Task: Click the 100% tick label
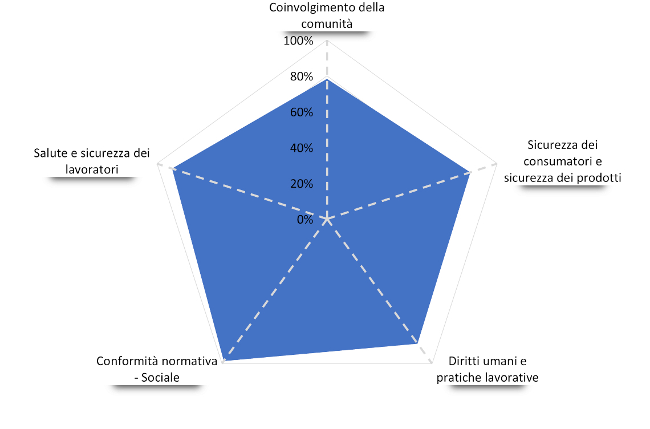(298, 41)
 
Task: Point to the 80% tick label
(302, 76)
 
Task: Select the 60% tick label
(302, 112)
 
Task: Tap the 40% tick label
(302, 148)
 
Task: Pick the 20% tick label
(302, 183)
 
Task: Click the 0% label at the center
(304, 220)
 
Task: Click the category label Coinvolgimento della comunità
(327, 15)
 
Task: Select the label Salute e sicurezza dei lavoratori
(92, 161)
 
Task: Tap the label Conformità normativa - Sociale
(157, 369)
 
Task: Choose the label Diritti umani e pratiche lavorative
(487, 369)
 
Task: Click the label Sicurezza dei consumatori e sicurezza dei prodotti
(563, 161)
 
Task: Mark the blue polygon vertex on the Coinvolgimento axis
(327, 79)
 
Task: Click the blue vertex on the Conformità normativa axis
(224, 360)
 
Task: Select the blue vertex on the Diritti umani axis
(417, 343)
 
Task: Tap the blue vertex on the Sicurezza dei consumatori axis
(470, 172)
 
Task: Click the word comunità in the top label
(327, 23)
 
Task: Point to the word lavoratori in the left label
(92, 169)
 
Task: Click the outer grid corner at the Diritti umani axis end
(432, 363)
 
